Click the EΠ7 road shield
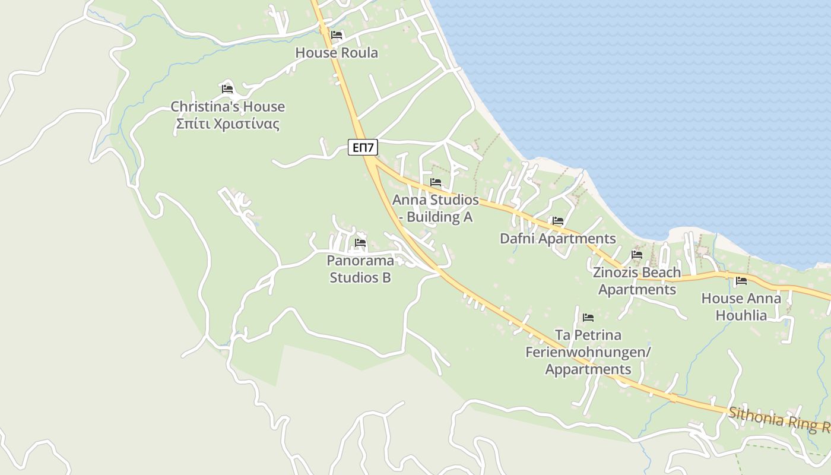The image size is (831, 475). [363, 147]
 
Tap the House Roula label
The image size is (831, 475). [337, 53]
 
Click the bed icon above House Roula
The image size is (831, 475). [337, 35]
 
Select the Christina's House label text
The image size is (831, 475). [227, 107]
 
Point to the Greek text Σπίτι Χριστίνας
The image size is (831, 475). [227, 124]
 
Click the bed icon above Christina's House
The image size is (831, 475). [227, 89]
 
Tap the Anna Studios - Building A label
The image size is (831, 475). [436, 208]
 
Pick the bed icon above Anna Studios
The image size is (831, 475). [436, 182]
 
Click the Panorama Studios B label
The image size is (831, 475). [360, 269]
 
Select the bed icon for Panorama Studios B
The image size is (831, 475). [360, 243]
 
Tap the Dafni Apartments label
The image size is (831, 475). [557, 239]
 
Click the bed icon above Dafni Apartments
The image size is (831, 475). [557, 221]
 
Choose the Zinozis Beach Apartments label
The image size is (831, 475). [637, 281]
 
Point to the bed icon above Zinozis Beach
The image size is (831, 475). [637, 255]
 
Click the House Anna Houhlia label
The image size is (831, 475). [741, 306]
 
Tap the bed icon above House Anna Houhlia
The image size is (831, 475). [741, 281]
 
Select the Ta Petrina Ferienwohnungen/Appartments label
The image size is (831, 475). [588, 352]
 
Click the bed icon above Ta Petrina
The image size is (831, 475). [588, 318]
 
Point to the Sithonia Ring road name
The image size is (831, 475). [778, 418]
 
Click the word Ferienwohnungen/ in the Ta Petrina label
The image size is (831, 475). [588, 352]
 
